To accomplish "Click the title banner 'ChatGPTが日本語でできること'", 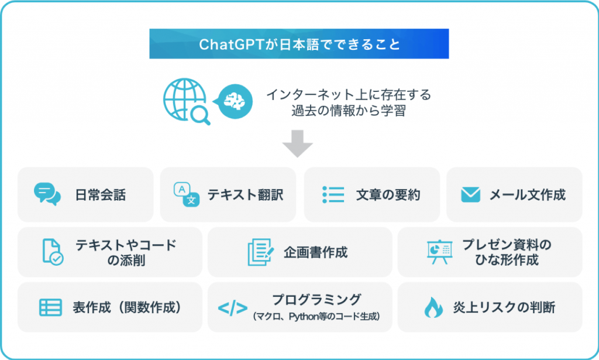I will (299, 44).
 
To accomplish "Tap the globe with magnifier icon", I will (185, 101).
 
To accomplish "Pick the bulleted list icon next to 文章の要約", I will (333, 194).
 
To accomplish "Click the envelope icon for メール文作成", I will (470, 194).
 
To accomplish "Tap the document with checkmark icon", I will (52, 252).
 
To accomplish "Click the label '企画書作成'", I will (316, 252).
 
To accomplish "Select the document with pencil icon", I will (260, 252).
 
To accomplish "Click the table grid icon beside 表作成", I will (50, 307).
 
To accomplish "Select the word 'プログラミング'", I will (316, 300).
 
